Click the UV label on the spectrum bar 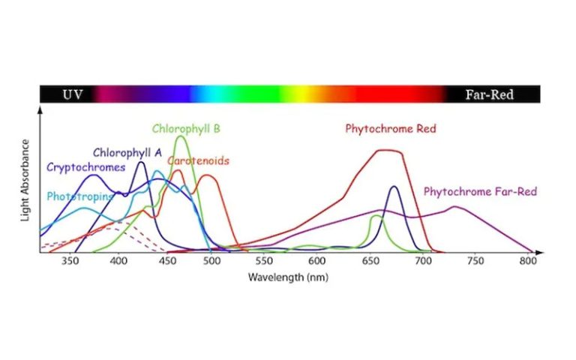[x=72, y=94]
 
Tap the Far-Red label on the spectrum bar [x=490, y=94]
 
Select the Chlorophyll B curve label [x=186, y=128]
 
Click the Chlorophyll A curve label [x=127, y=152]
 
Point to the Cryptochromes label [x=85, y=166]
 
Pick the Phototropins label [x=79, y=196]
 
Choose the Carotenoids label [x=198, y=160]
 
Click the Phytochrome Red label [x=391, y=128]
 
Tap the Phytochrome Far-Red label [x=480, y=191]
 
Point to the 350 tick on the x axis [x=70, y=262]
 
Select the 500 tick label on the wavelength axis [x=211, y=262]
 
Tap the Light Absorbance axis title [x=26, y=180]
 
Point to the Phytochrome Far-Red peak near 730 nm [x=454, y=206]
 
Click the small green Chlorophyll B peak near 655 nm [x=376, y=216]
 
